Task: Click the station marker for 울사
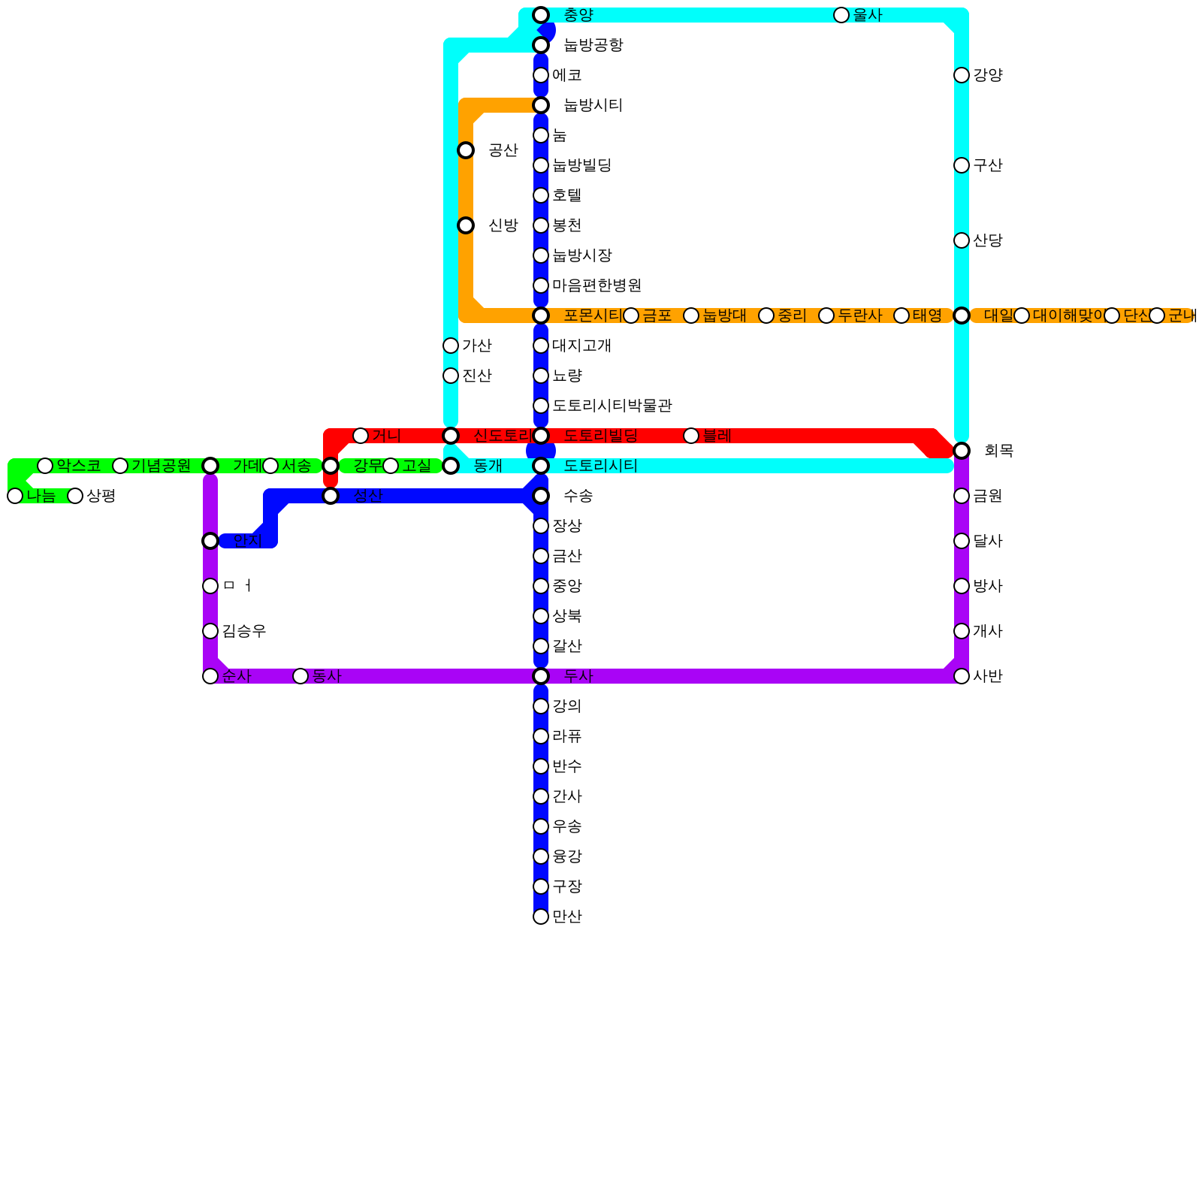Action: point(841,15)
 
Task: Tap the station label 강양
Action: point(988,75)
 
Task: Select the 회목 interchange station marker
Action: point(962,451)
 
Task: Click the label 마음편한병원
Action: point(596,285)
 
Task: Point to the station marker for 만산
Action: point(541,917)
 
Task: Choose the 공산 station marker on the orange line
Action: point(466,150)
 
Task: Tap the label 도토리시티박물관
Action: point(612,406)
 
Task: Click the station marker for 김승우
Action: point(210,631)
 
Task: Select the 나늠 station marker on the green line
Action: point(15,496)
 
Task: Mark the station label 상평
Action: point(101,496)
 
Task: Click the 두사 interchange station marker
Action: point(541,676)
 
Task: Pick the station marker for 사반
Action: point(962,676)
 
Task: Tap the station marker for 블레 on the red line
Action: point(691,436)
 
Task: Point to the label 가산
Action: point(476,346)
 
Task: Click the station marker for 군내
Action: point(1157,316)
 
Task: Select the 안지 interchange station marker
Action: point(210,541)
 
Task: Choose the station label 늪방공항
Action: point(593,45)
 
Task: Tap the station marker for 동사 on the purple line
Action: point(300,676)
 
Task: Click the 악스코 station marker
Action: point(45,466)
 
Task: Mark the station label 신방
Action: point(503,225)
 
